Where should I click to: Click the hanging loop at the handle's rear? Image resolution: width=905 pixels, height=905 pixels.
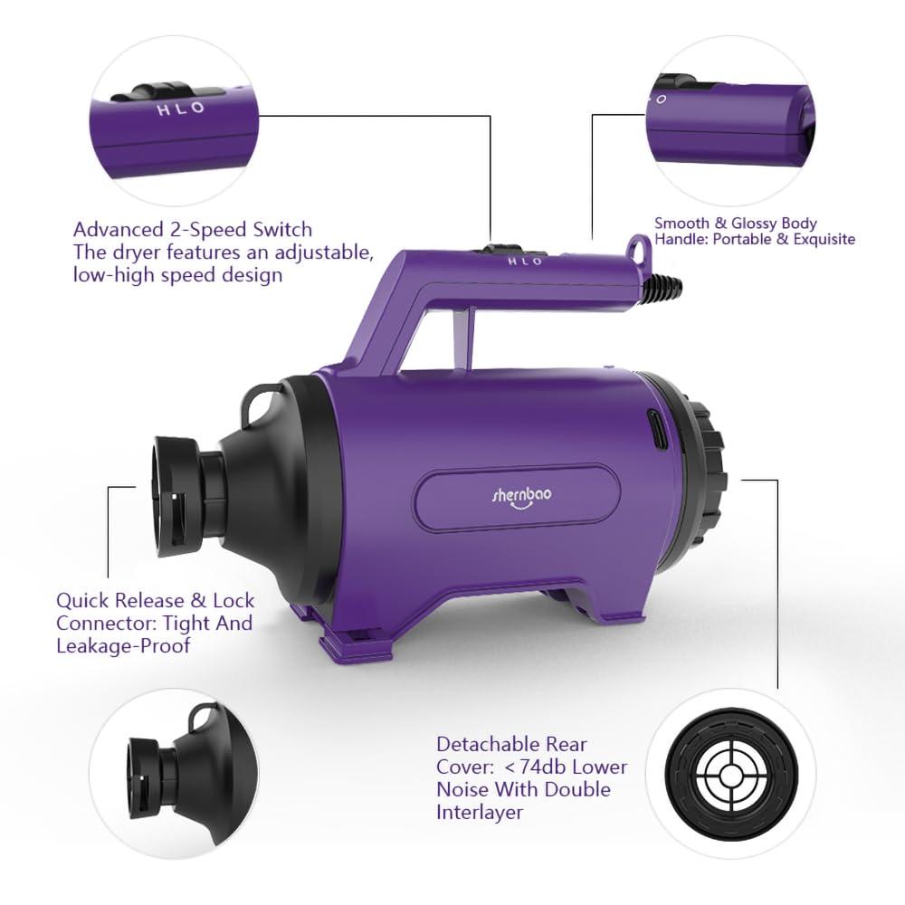click(639, 245)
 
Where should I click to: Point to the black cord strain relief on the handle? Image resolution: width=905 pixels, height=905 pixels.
click(662, 283)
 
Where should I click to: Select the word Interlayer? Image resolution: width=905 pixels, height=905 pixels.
click(480, 813)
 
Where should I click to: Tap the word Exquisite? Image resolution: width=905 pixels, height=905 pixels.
click(821, 239)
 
